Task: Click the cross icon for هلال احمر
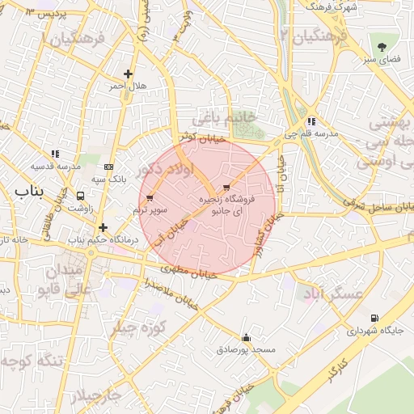tap(128, 74)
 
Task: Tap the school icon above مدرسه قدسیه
tap(55, 154)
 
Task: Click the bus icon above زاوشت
tap(80, 196)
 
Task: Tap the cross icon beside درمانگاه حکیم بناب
tap(103, 227)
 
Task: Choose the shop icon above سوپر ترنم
tap(150, 198)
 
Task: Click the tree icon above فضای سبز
tap(381, 45)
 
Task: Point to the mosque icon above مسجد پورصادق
tap(246, 337)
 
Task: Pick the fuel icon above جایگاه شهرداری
tap(374, 318)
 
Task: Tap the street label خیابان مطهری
tap(189, 271)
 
